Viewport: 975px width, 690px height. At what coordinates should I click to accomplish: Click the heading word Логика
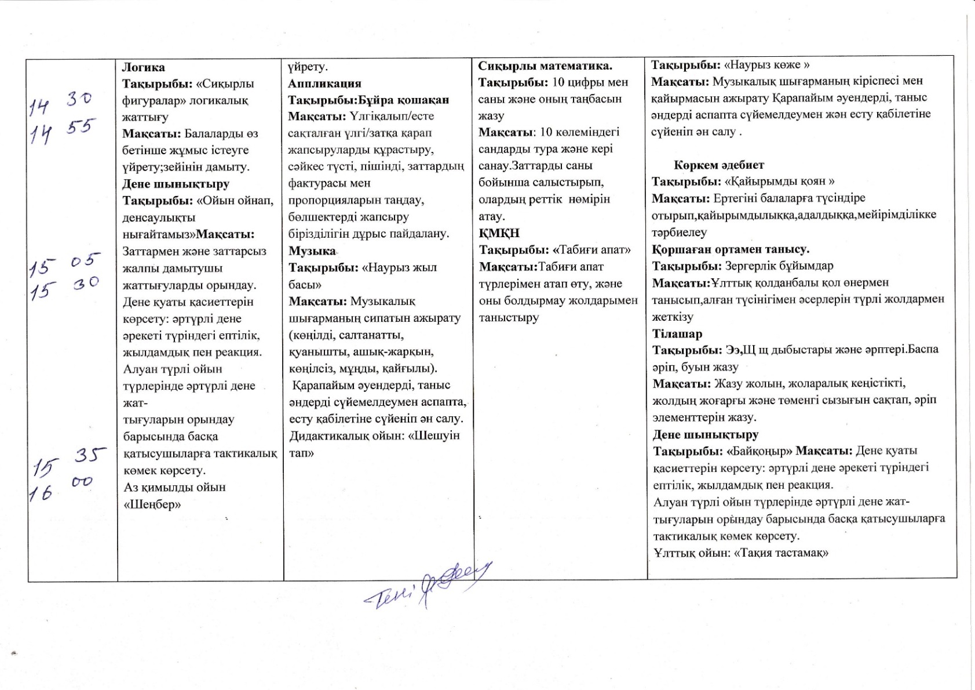point(144,67)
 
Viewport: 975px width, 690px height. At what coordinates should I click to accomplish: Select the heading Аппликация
point(324,83)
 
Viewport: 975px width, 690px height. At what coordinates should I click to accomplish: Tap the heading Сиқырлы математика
point(545,66)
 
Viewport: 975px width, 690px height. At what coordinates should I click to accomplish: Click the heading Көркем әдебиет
point(719,165)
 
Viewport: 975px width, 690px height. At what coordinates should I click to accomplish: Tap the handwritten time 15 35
point(68,460)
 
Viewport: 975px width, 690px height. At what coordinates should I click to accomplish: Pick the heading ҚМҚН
point(499,233)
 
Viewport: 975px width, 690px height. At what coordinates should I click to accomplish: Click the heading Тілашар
point(677,334)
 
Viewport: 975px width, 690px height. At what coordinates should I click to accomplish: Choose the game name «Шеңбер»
point(152,504)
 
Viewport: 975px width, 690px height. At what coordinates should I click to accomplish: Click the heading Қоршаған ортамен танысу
point(731,249)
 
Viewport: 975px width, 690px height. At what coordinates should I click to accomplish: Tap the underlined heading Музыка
point(312,251)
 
